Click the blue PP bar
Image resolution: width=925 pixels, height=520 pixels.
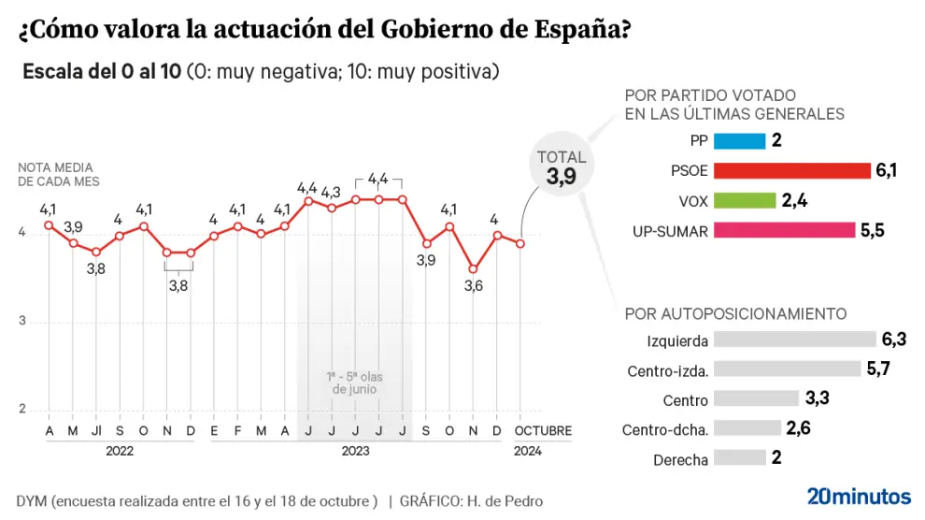739,141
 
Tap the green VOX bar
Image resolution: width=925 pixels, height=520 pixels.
745,200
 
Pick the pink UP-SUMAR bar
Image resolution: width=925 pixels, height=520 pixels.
784,230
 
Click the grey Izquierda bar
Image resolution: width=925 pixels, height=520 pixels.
794,340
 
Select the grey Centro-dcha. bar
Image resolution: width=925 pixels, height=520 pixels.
747,428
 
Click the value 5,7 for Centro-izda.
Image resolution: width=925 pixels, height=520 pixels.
878,369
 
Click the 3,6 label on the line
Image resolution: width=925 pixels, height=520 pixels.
474,286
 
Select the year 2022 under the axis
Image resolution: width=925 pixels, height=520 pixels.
120,451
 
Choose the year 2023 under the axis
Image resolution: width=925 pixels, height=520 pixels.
355,451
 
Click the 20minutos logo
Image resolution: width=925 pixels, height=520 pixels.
859,496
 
